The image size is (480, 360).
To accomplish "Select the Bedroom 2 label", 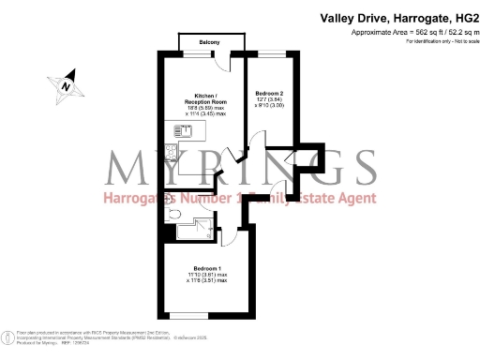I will (269, 93).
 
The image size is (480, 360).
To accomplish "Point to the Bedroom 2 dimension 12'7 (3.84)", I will (269, 100).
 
